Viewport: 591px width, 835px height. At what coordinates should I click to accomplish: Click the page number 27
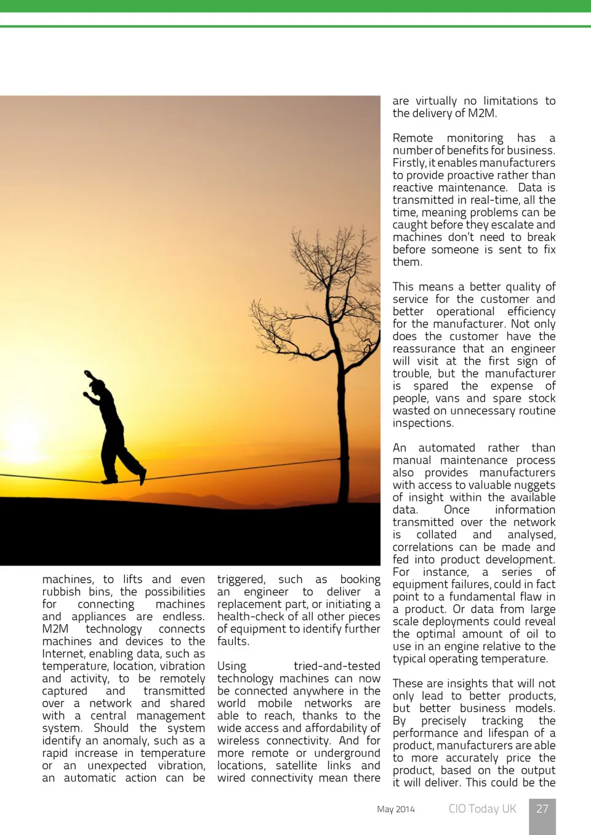[542, 809]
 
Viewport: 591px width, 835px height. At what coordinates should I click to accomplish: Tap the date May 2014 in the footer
[396, 809]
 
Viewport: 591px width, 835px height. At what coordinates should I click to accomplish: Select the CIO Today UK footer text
[482, 809]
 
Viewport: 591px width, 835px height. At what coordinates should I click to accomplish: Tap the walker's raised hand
[88, 373]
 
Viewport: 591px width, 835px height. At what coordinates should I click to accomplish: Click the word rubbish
[62, 592]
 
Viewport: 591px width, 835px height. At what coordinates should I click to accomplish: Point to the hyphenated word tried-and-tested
[337, 666]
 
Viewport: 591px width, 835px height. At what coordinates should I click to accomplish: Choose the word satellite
[296, 765]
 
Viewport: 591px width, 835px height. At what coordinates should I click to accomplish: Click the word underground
[347, 753]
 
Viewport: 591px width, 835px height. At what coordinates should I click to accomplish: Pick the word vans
[448, 398]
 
